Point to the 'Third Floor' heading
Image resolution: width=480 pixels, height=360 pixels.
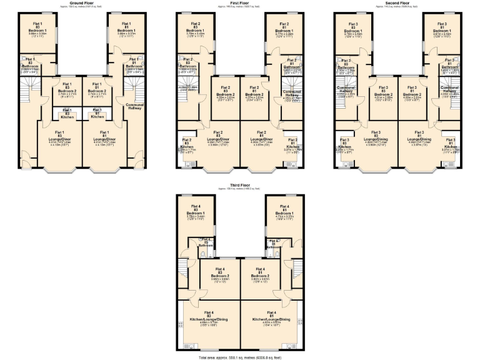(239, 186)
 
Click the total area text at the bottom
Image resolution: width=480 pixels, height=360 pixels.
(239, 357)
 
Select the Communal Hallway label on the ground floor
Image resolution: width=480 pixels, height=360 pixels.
(135, 106)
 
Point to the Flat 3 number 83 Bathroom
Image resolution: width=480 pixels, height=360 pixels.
(346, 67)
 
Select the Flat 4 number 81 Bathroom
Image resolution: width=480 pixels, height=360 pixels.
(272, 245)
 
